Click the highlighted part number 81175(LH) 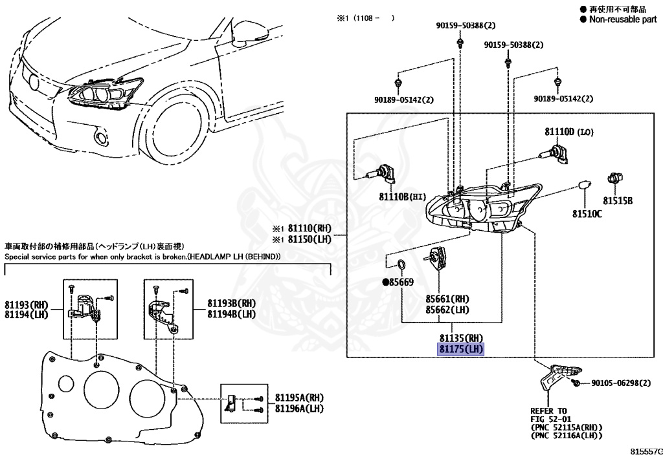(461, 350)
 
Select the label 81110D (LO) (568, 133)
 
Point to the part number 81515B (618, 200)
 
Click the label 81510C (586, 213)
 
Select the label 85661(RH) (447, 299)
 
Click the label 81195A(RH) (299, 398)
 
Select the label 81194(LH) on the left (26, 314)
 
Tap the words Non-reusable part (622, 19)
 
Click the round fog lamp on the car (101, 136)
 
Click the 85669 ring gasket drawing (401, 264)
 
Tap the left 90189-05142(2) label (403, 100)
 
